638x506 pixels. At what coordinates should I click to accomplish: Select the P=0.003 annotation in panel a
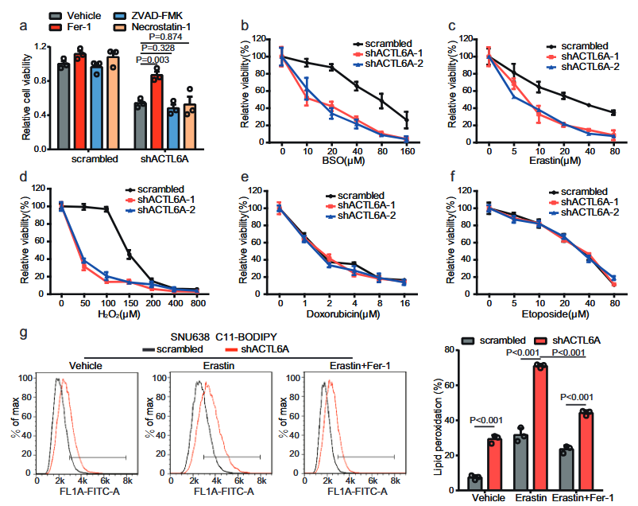152,59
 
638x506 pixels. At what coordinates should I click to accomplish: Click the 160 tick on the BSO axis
407,150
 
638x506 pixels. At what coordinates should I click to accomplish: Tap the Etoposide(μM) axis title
549,316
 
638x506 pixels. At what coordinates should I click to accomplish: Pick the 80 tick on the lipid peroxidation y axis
450,351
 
